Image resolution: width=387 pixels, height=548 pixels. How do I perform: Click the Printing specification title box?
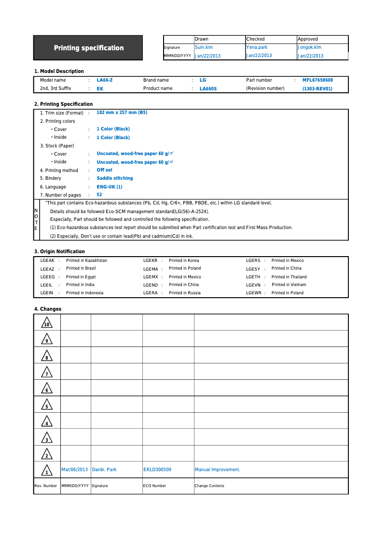coord(88,48)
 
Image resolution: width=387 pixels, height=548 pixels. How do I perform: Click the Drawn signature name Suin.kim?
coord(204,47)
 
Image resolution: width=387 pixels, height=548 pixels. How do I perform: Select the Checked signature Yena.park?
coord(257,47)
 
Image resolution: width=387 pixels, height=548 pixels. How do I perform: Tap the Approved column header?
coord(308,39)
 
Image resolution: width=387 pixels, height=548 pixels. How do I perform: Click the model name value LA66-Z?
coord(105,80)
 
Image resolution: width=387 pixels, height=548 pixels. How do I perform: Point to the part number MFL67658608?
coord(318,80)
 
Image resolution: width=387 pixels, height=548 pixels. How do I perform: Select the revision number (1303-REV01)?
coord(318,89)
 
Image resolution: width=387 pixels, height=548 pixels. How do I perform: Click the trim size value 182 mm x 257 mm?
coord(122,113)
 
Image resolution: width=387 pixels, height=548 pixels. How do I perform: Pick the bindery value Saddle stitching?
coord(114,178)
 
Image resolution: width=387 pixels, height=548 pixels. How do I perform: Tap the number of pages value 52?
coord(99,195)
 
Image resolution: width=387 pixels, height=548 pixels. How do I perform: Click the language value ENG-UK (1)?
coord(110,187)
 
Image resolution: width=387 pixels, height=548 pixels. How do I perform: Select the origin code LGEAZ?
coord(47,269)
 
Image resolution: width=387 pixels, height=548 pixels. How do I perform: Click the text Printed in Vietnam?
coord(289,285)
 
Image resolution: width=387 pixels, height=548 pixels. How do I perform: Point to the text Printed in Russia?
coord(184,293)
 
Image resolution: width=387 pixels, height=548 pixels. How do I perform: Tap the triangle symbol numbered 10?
coord(46,323)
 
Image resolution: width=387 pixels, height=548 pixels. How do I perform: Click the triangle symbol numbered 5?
coord(46,405)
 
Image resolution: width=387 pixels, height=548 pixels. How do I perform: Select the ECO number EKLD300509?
coord(157,470)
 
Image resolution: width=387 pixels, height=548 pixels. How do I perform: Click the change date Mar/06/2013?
coord(75,470)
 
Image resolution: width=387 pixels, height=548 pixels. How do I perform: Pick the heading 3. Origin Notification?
coord(59,251)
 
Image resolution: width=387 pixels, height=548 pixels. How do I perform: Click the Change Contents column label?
coord(209,486)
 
